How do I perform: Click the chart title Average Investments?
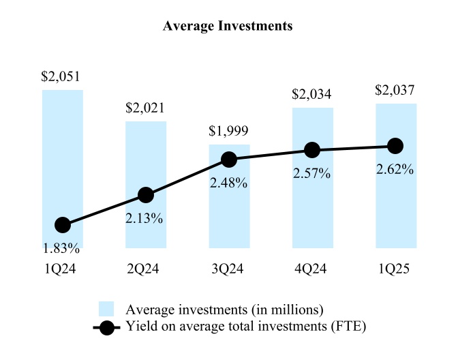click(228, 26)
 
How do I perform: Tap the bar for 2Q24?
click(145, 157)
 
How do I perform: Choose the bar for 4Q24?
click(312, 205)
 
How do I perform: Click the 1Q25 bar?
click(395, 205)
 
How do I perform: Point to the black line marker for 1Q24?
click(63, 225)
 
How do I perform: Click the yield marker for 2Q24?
click(145, 195)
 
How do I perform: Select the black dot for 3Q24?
click(229, 160)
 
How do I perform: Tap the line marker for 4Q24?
click(312, 150)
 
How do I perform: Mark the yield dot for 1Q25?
click(395, 145)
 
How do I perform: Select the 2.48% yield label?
click(228, 183)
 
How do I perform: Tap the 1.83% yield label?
click(62, 247)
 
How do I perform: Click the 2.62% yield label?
click(395, 170)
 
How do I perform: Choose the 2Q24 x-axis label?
click(145, 269)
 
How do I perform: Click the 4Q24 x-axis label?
click(312, 269)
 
